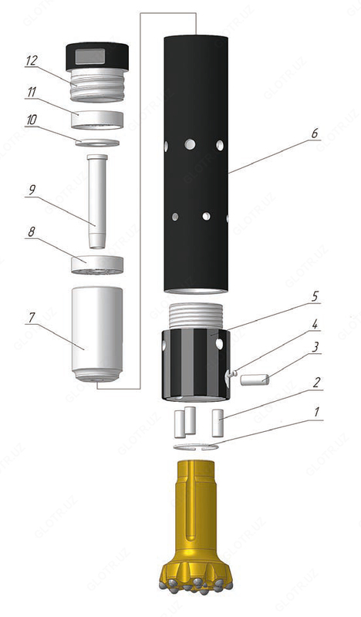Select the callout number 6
[x=315, y=133]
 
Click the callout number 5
[x=315, y=295]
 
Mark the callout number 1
[x=315, y=414]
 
